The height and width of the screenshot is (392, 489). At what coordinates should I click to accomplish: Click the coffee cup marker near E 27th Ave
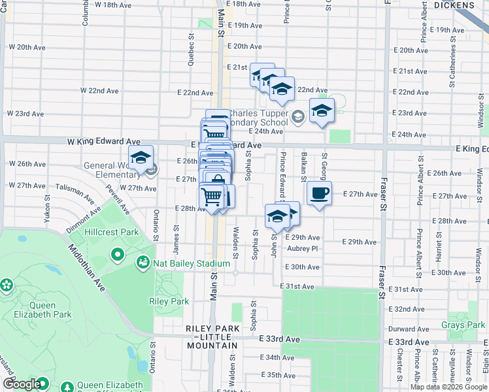point(319,193)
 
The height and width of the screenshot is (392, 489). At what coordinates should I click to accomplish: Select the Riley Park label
point(169,301)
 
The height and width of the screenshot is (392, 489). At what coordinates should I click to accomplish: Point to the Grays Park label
point(462,325)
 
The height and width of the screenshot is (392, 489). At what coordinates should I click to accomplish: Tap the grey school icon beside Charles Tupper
point(298,117)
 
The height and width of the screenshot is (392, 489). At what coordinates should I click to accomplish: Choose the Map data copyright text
point(448,387)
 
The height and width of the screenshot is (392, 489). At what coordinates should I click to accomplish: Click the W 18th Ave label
point(114,5)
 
